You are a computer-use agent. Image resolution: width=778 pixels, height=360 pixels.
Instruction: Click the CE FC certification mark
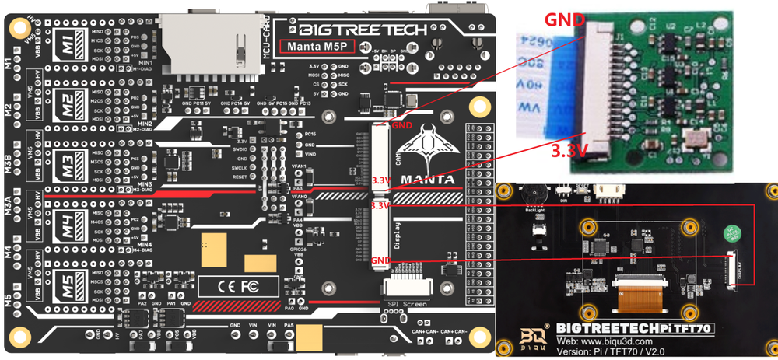point(239,286)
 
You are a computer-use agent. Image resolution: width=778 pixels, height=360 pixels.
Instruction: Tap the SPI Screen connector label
point(405,304)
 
